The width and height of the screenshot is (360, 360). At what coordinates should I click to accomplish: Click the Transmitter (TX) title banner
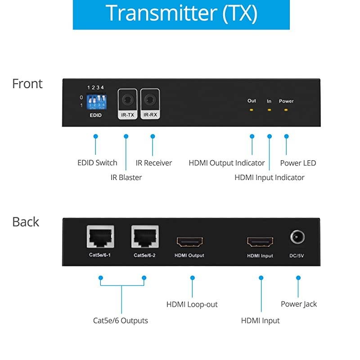[x=181, y=14]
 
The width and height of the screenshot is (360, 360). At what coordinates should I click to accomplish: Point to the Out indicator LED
[x=252, y=110]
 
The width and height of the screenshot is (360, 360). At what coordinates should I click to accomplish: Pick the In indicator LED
[x=269, y=110]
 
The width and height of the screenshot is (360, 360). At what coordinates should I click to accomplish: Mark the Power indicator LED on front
[x=286, y=110]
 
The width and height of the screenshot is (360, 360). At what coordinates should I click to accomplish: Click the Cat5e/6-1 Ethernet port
[x=100, y=237]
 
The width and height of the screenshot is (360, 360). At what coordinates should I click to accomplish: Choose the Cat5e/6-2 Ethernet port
[x=145, y=237]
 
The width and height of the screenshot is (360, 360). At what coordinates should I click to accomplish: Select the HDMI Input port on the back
[x=260, y=242]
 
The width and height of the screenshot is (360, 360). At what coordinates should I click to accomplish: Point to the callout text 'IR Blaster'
[x=126, y=177]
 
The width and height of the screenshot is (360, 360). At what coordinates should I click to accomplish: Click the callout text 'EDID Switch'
[x=97, y=163]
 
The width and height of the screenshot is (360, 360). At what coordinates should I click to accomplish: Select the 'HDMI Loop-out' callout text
[x=192, y=305]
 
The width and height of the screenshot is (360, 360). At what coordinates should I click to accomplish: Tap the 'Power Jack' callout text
[x=299, y=304]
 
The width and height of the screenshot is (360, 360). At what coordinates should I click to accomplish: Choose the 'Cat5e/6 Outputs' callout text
[x=120, y=321]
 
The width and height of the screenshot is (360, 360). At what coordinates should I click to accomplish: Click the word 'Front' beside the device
[x=27, y=84]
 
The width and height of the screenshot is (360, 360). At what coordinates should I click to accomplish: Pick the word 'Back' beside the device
[x=26, y=222]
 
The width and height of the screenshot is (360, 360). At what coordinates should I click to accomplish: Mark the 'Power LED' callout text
[x=298, y=163]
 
